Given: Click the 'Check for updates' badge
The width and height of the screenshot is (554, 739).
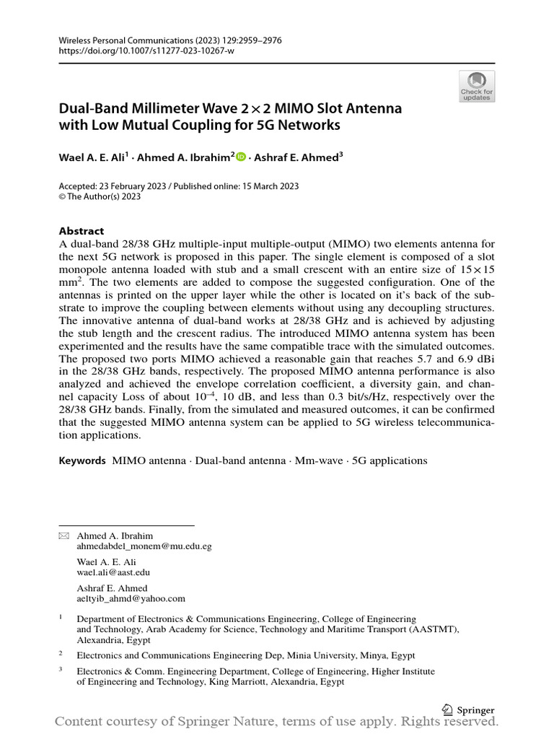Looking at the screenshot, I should [476, 86].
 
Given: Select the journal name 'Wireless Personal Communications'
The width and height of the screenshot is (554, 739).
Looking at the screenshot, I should [126, 40].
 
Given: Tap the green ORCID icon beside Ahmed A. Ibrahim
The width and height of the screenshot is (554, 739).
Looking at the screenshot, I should [241, 155].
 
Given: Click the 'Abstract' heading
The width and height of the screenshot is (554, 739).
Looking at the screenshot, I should [81, 231].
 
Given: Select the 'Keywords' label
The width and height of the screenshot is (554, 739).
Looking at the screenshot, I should [82, 460].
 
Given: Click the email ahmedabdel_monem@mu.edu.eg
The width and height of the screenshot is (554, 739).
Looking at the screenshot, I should [144, 546].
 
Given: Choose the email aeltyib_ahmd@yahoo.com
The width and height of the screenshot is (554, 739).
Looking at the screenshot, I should [131, 598].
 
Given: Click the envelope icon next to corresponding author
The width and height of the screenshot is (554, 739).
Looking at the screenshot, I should [63, 535].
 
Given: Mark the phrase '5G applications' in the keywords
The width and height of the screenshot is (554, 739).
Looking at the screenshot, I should [390, 460].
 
